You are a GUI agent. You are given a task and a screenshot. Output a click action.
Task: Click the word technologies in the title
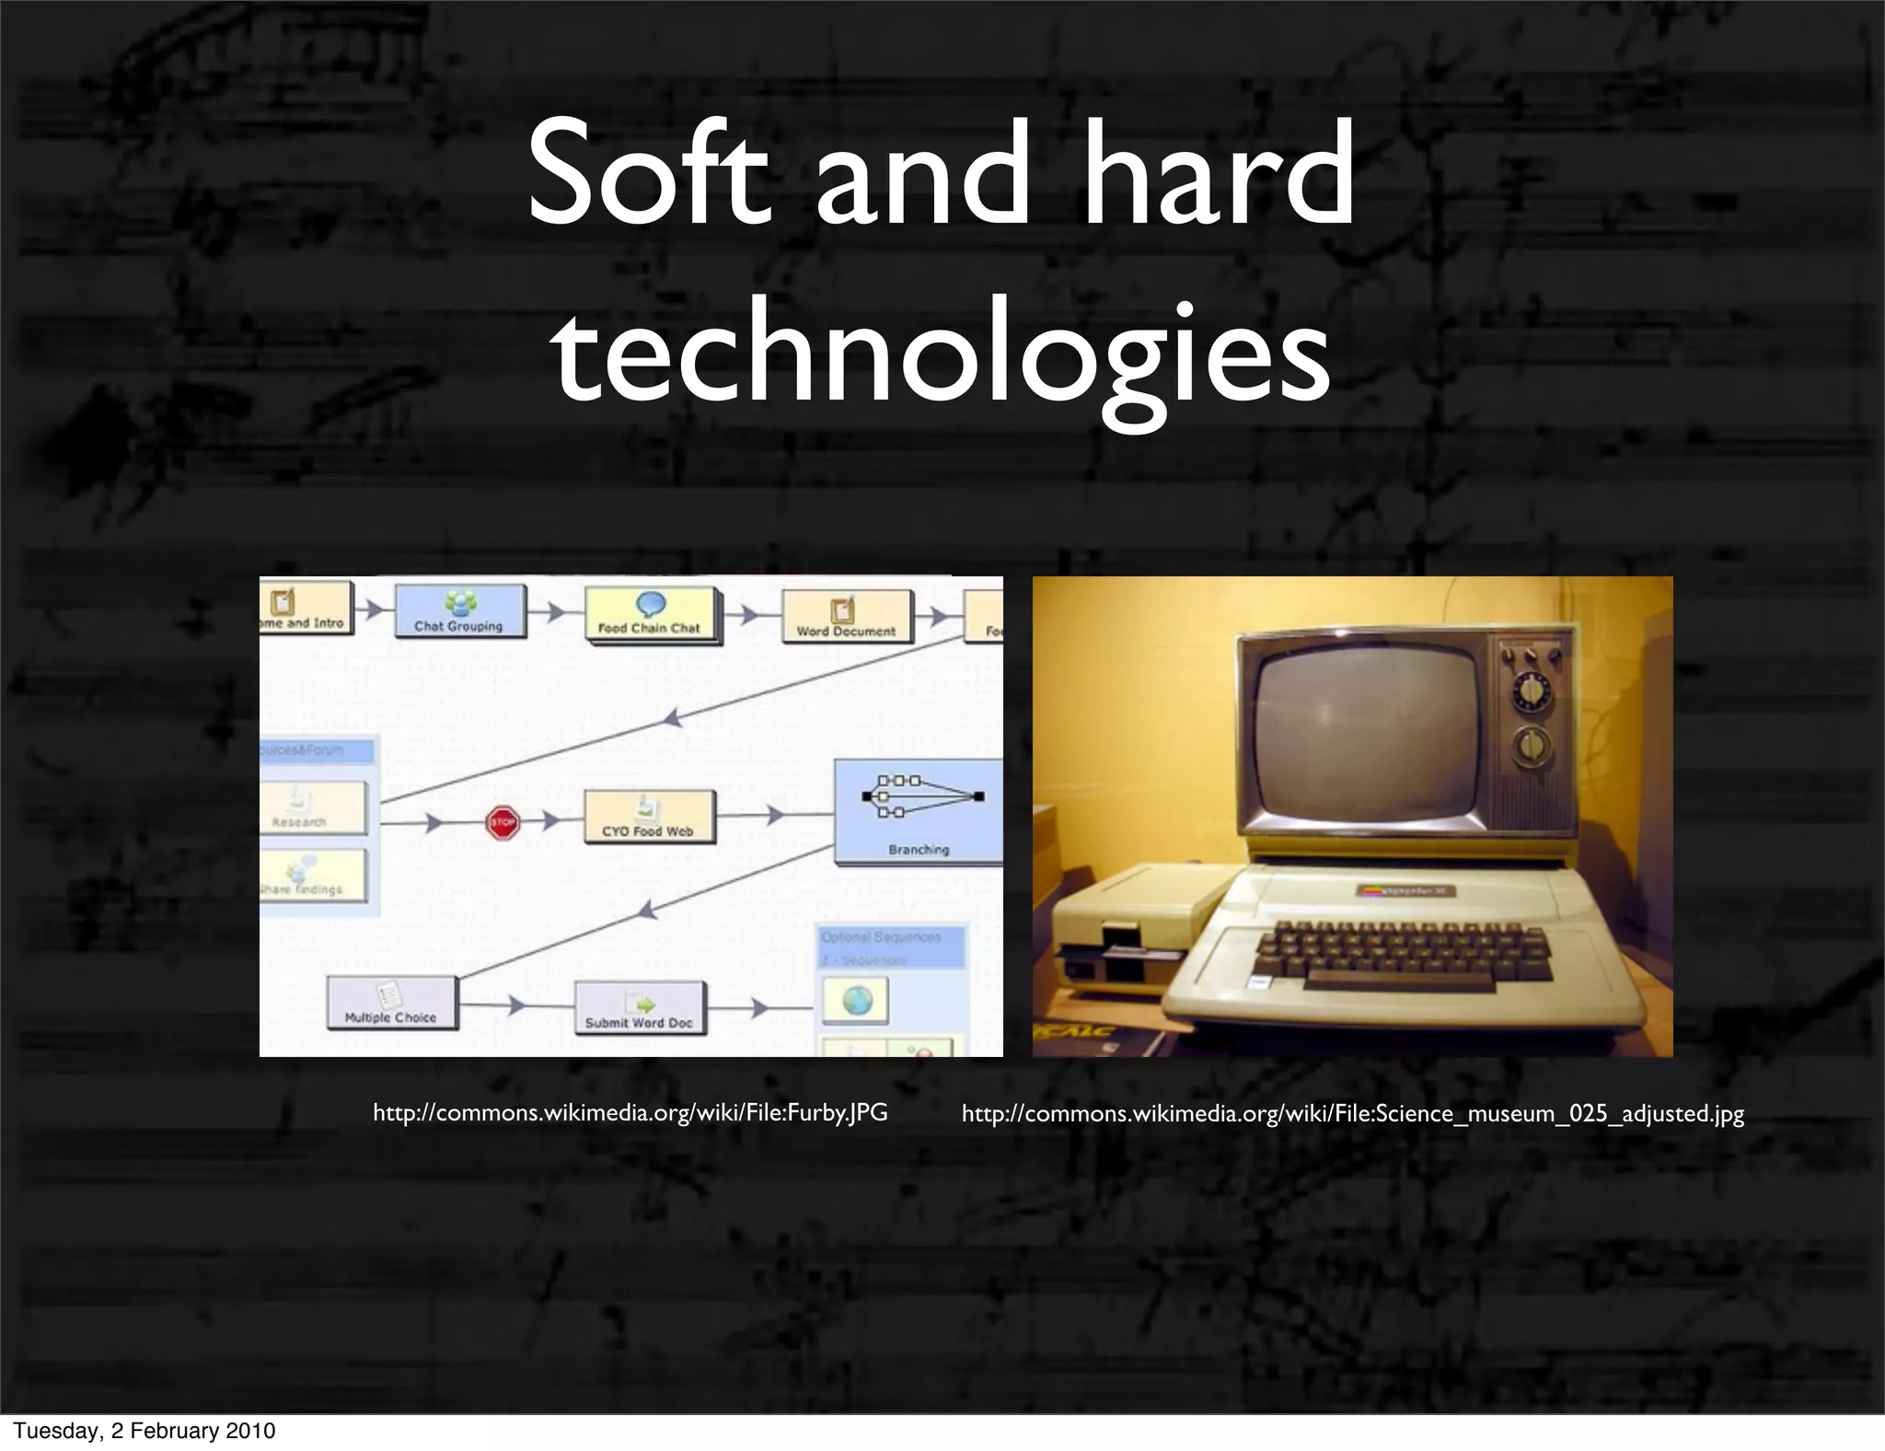pos(941,354)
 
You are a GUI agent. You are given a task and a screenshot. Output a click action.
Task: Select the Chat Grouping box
pos(459,611)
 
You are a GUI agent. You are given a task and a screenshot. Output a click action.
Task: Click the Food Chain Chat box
pos(651,614)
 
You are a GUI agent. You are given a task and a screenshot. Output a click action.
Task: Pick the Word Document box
pos(846,617)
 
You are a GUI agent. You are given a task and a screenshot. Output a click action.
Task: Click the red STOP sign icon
pos(503,822)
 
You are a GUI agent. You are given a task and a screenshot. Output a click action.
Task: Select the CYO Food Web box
pos(648,817)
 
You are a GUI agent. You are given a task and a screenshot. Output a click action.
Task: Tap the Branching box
pos(918,811)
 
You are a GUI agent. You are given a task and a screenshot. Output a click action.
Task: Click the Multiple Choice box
pos(391,1003)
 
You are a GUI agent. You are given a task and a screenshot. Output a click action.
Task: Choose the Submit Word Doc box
pos(639,1007)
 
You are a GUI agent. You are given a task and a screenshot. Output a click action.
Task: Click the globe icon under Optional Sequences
pos(856,1000)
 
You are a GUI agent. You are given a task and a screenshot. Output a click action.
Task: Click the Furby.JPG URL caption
pos(630,1113)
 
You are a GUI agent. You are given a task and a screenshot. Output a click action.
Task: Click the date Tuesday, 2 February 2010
pos(145,1431)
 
